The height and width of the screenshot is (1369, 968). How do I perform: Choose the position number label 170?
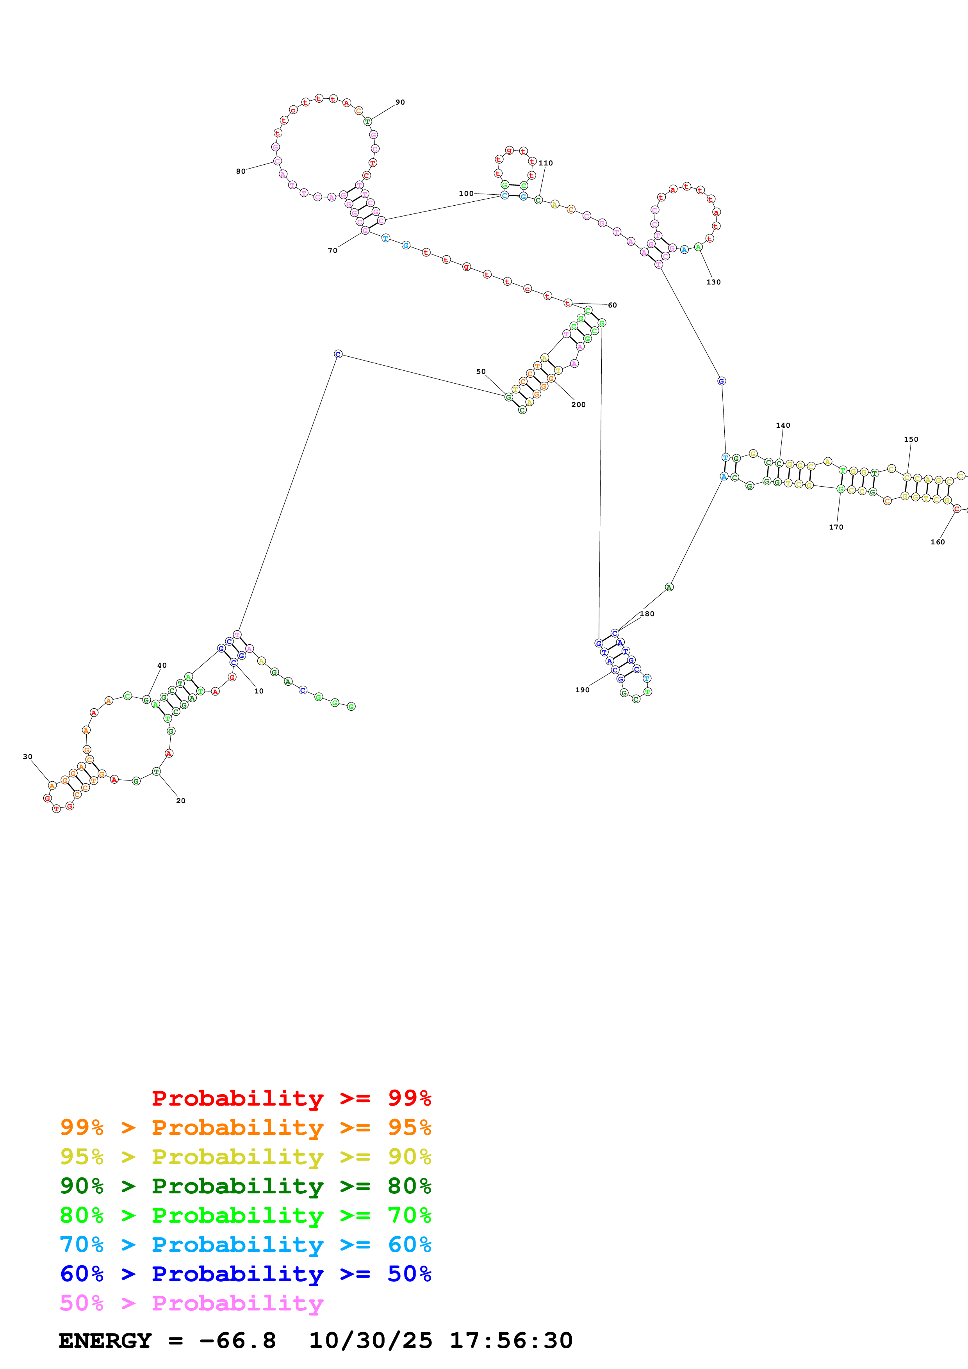(836, 527)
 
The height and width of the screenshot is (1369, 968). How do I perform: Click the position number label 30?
(27, 757)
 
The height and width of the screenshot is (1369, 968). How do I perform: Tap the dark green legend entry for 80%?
(245, 1186)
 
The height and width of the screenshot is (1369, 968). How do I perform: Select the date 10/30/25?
(371, 1341)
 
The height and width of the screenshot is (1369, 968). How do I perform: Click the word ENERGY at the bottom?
(105, 1341)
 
